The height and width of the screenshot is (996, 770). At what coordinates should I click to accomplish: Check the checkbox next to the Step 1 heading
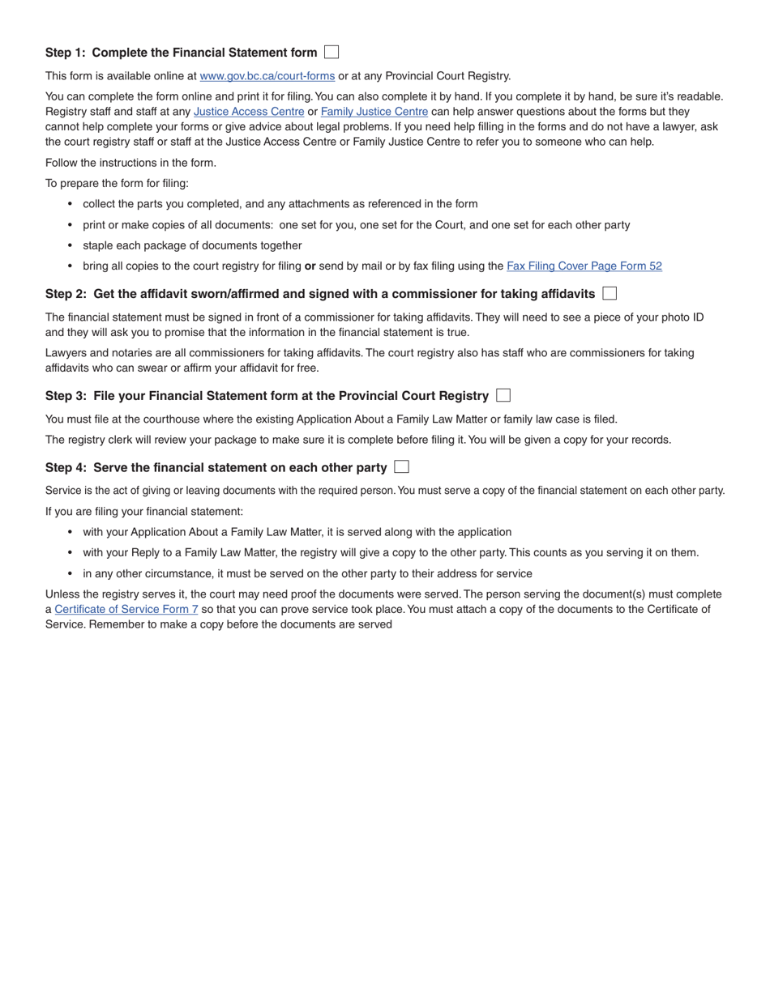click(x=331, y=53)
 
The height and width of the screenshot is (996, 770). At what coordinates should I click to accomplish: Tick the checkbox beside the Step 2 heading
click(x=610, y=293)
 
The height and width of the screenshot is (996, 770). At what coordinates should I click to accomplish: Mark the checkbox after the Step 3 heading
click(x=503, y=395)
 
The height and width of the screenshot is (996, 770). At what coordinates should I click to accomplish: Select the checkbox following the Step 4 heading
click(x=401, y=466)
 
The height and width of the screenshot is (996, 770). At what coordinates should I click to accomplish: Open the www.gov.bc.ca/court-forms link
click(x=267, y=76)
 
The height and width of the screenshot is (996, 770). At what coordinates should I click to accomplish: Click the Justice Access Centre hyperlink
click(x=249, y=112)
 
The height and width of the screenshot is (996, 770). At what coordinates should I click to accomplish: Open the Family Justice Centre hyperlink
click(x=374, y=112)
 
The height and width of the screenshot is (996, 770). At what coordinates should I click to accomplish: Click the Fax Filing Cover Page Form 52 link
click(x=584, y=266)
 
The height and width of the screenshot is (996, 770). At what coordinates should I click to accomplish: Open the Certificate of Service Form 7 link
click(x=126, y=609)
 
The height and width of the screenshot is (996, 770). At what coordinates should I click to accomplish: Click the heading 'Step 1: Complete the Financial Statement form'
click(x=181, y=53)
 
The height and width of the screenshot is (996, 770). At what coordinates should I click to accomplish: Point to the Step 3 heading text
click(x=267, y=396)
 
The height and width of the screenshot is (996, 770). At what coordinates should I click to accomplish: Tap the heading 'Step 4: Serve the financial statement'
click(x=216, y=467)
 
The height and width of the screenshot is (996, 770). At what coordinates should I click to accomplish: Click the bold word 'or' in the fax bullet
click(x=310, y=266)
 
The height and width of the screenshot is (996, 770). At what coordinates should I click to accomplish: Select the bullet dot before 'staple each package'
click(x=70, y=245)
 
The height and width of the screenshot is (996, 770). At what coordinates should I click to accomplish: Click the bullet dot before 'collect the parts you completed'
click(x=70, y=204)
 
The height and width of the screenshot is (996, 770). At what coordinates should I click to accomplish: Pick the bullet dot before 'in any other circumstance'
click(x=70, y=573)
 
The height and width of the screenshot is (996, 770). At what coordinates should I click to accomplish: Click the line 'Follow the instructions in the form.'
click(x=130, y=163)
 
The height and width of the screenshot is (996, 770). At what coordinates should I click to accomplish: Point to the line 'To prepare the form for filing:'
click(x=117, y=183)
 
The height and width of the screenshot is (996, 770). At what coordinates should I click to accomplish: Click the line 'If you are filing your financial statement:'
click(x=143, y=512)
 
